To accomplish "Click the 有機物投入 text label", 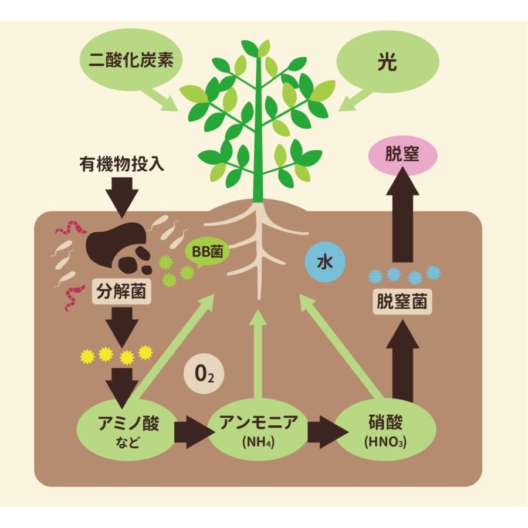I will coord(121,164).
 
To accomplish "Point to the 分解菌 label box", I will coord(123,291).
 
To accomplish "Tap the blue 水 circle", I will coord(325,262).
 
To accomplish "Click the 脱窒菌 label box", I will coord(403,303).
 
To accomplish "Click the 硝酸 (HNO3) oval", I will coord(385,432).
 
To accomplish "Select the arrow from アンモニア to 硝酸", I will coord(324,433).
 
